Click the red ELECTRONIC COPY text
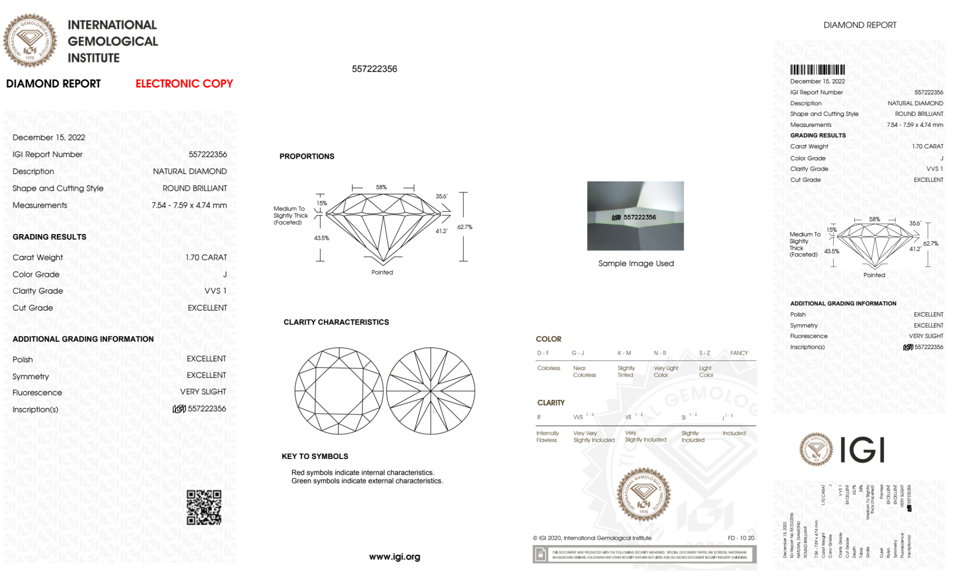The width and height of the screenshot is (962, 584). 184,84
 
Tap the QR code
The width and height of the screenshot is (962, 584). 204,507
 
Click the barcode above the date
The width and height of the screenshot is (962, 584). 817,70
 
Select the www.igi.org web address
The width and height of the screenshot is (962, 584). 394,557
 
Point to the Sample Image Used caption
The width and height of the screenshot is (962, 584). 636,263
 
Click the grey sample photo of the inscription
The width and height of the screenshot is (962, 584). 635,215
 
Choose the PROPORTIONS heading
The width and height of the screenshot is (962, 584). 307,156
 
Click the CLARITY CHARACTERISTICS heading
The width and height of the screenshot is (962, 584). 336,322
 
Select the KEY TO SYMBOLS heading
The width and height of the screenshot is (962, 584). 315,456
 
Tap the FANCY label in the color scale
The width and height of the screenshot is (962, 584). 739,353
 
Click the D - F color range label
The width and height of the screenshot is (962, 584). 543,353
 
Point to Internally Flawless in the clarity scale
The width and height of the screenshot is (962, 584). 547,436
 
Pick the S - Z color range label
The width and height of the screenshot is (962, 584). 704,353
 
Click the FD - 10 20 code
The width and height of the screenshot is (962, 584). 741,538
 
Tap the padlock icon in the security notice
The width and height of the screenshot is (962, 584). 540,555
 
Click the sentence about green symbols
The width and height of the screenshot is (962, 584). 367,481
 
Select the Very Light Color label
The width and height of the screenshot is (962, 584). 665,372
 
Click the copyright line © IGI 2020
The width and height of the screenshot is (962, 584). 592,538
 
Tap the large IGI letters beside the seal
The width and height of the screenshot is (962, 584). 862,450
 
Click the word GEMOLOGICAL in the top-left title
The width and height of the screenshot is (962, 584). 113,41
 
